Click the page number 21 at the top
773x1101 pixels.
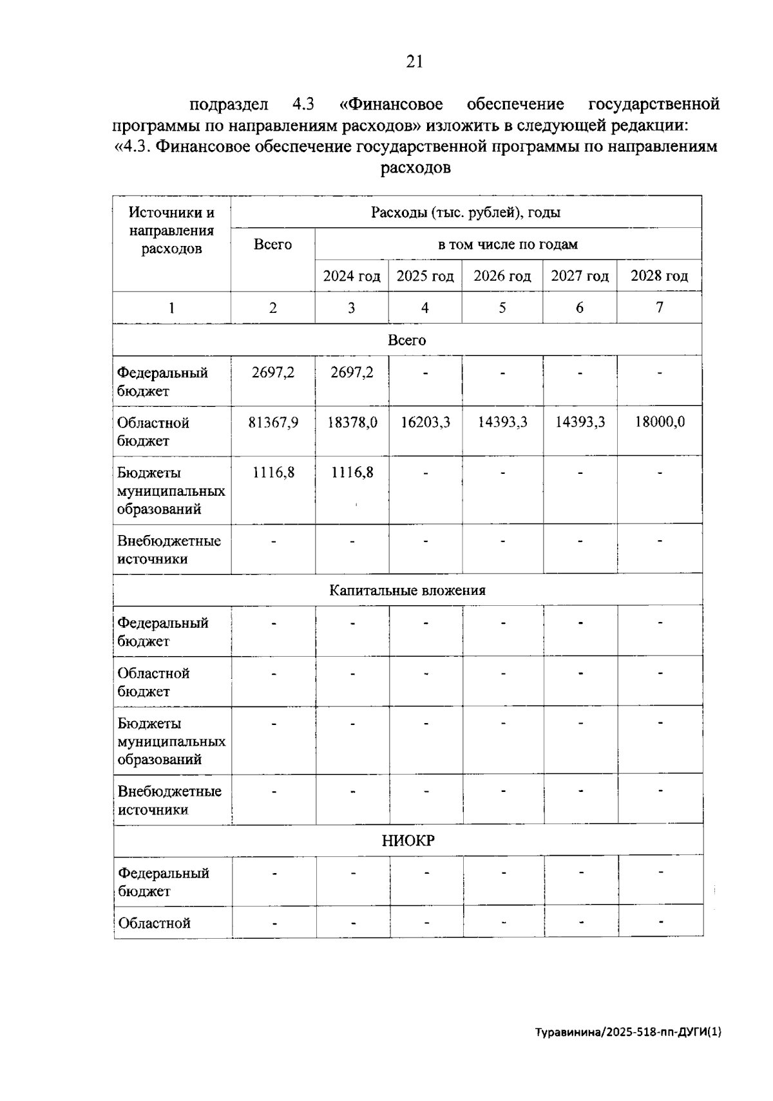(x=414, y=62)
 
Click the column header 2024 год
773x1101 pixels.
(x=351, y=276)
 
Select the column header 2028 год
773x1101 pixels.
(x=658, y=276)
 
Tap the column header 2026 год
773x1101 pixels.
(x=502, y=276)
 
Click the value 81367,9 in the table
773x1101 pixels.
(x=273, y=423)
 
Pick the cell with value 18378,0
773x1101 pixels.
(x=352, y=423)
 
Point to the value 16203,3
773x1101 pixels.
(x=425, y=423)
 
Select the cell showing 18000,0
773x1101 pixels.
(x=659, y=422)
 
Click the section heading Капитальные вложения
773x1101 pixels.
(x=407, y=590)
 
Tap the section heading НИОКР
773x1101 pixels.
(x=408, y=841)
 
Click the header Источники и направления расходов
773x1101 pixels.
(x=171, y=231)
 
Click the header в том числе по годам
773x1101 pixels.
(x=508, y=245)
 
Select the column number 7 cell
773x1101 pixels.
(x=659, y=308)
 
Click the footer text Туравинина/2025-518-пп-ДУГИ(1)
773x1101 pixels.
(x=628, y=1032)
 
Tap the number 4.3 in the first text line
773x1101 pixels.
(x=303, y=104)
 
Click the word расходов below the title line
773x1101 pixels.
(x=415, y=168)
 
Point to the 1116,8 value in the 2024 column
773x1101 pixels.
(x=352, y=473)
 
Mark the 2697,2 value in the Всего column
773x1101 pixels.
(x=273, y=372)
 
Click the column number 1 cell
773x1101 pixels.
(x=171, y=308)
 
